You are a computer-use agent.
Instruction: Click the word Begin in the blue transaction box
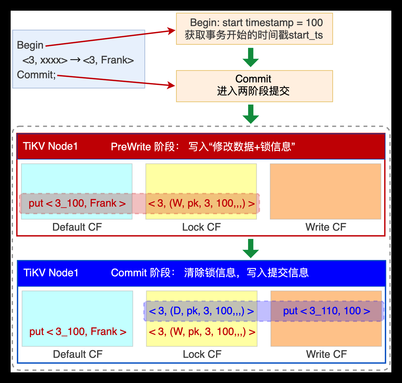pyautogui.click(x=30, y=45)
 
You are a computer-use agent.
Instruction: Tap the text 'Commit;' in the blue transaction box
pyautogui.click(x=36, y=75)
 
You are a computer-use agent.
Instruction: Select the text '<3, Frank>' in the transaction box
pyautogui.click(x=108, y=60)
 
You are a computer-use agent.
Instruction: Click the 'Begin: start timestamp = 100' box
pyautogui.click(x=254, y=29)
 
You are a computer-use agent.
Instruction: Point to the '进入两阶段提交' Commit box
pyautogui.click(x=254, y=86)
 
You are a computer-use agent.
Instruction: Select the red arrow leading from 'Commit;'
pyautogui.click(x=115, y=81)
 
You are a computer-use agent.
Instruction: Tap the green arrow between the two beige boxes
pyautogui.click(x=251, y=58)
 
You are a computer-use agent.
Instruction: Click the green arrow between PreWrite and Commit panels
pyautogui.click(x=251, y=248)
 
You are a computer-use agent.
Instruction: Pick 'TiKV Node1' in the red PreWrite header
pyautogui.click(x=50, y=146)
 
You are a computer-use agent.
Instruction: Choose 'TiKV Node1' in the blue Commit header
pyautogui.click(x=51, y=273)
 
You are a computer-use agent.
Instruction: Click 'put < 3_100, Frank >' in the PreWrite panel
pyautogui.click(x=77, y=203)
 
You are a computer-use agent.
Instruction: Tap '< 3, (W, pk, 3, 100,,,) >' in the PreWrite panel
pyautogui.click(x=201, y=203)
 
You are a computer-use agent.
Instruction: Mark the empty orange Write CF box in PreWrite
pyautogui.click(x=325, y=191)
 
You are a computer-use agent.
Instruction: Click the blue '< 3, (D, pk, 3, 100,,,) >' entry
pyautogui.click(x=201, y=311)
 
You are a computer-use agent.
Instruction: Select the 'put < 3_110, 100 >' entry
pyautogui.click(x=327, y=311)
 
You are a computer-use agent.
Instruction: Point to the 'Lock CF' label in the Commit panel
pyautogui.click(x=202, y=354)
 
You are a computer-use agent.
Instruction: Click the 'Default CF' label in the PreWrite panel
pyautogui.click(x=77, y=227)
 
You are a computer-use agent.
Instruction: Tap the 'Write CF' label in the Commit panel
pyautogui.click(x=326, y=354)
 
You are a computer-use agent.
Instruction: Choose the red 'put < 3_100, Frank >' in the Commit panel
pyautogui.click(x=78, y=332)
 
